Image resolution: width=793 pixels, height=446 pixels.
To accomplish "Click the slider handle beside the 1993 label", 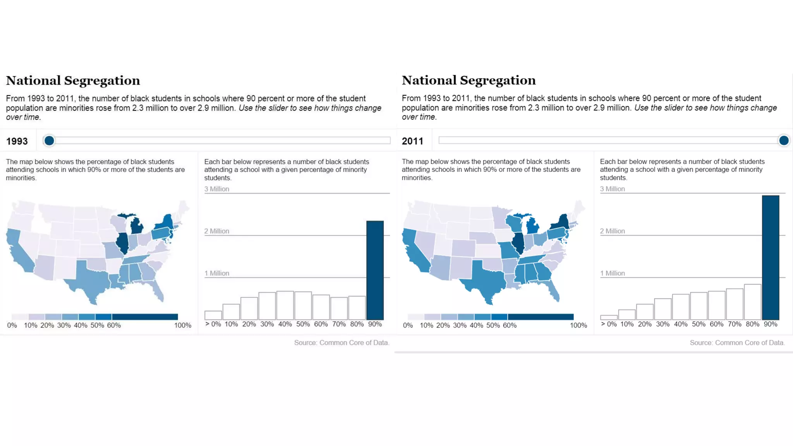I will click(x=49, y=141).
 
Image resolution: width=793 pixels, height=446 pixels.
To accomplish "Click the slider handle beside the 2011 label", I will click(x=783, y=141).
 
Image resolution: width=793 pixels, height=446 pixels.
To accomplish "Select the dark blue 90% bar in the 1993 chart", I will click(x=375, y=270).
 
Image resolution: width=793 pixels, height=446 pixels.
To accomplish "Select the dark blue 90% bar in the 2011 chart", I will click(x=771, y=257).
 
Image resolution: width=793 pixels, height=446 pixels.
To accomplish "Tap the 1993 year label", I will click(x=17, y=141).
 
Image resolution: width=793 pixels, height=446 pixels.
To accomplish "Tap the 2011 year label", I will click(x=412, y=141).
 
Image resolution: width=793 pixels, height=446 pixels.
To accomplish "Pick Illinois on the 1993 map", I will click(x=123, y=243).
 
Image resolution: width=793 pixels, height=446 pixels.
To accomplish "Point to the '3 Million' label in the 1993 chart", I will click(x=217, y=189).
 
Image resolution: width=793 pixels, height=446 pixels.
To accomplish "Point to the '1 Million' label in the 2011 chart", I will click(x=613, y=273).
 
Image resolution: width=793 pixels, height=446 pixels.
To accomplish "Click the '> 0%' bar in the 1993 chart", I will click(x=213, y=315).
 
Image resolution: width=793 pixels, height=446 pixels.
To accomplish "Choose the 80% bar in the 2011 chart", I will click(x=752, y=302).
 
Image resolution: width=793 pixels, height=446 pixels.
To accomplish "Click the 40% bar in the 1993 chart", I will click(x=285, y=305).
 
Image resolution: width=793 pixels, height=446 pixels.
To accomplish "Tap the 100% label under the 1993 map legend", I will click(x=183, y=326).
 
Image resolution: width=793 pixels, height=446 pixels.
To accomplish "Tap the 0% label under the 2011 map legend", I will click(x=408, y=326).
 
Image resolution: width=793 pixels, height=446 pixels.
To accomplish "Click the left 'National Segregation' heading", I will click(x=73, y=81).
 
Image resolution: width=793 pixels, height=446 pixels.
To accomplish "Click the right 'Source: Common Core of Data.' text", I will click(x=737, y=343).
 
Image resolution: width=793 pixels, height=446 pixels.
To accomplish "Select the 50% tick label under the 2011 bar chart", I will click(x=699, y=324).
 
